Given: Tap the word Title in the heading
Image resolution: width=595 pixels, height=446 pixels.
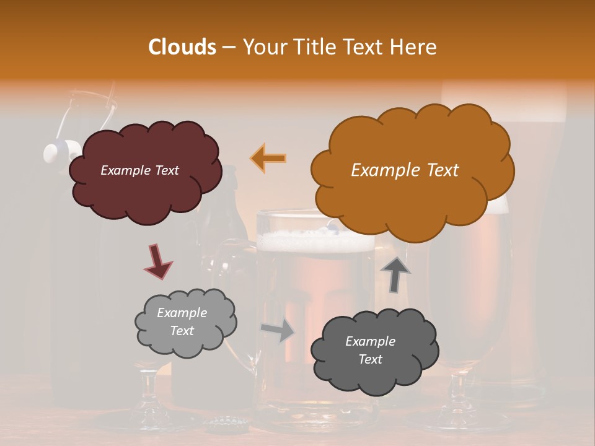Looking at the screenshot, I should [311, 47].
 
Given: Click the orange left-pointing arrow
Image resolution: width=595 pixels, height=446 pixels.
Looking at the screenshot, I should [269, 158].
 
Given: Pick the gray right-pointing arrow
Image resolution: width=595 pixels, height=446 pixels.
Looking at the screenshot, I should [278, 330].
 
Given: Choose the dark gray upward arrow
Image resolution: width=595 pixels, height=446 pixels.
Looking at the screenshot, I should [395, 273].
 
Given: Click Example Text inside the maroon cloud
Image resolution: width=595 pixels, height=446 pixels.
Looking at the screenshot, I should [139, 170].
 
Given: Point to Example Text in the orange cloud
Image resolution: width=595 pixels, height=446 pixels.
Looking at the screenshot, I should [405, 170].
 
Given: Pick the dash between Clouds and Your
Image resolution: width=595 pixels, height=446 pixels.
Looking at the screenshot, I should [228, 48].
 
